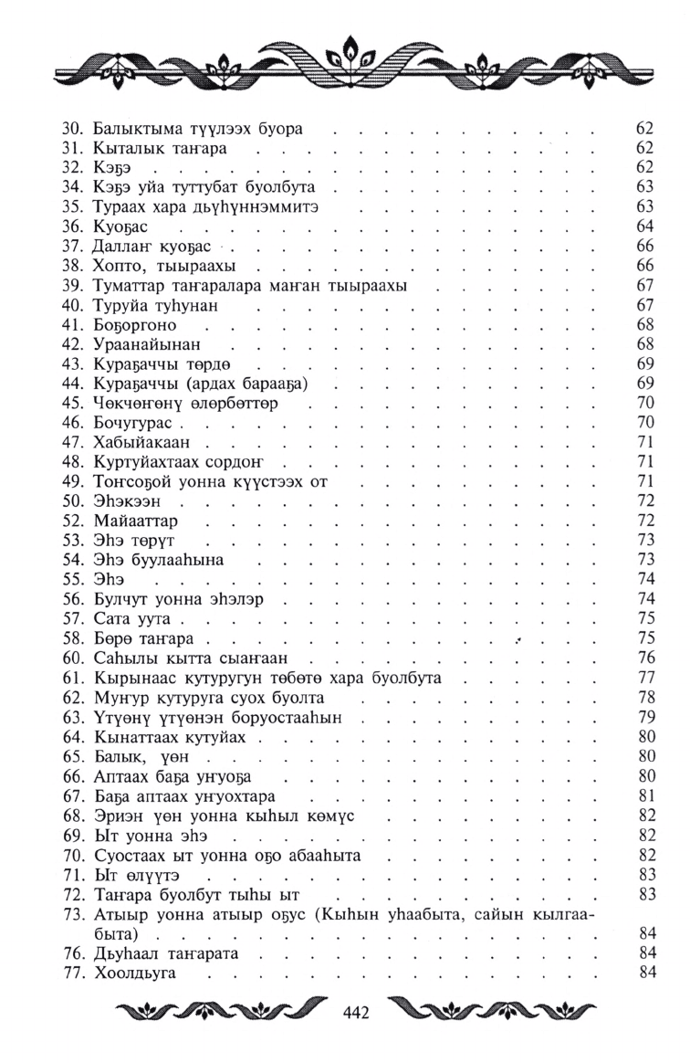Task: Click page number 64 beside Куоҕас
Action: pyautogui.click(x=645, y=226)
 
